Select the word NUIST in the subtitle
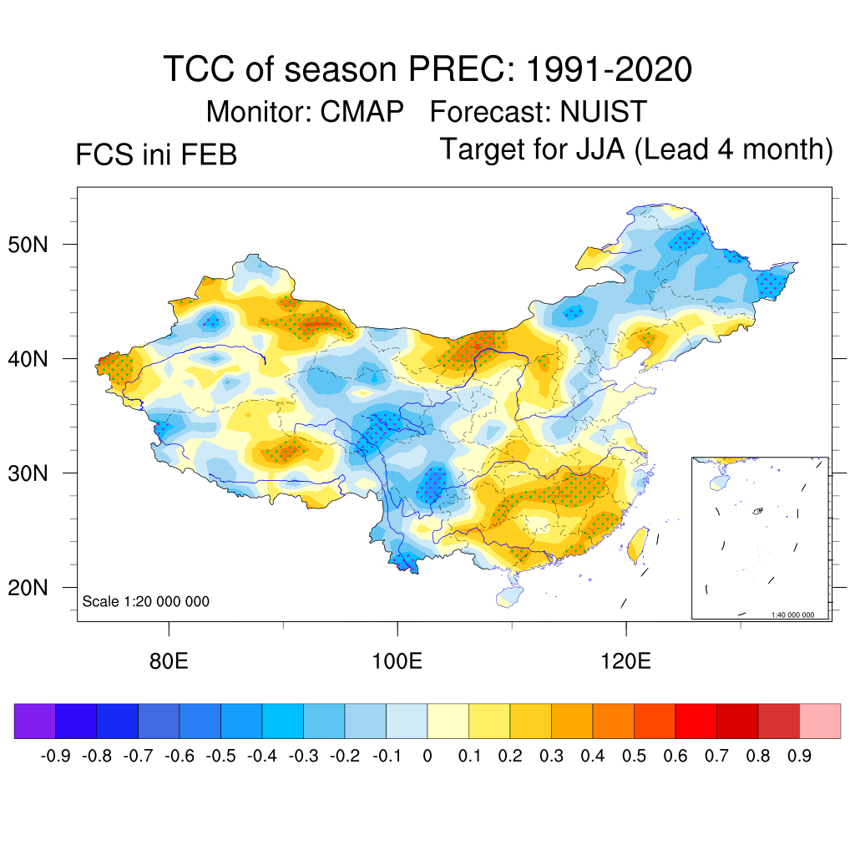[x=604, y=111]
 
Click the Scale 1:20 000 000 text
[x=146, y=602]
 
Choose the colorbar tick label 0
[x=427, y=756]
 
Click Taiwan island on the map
[x=637, y=543]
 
